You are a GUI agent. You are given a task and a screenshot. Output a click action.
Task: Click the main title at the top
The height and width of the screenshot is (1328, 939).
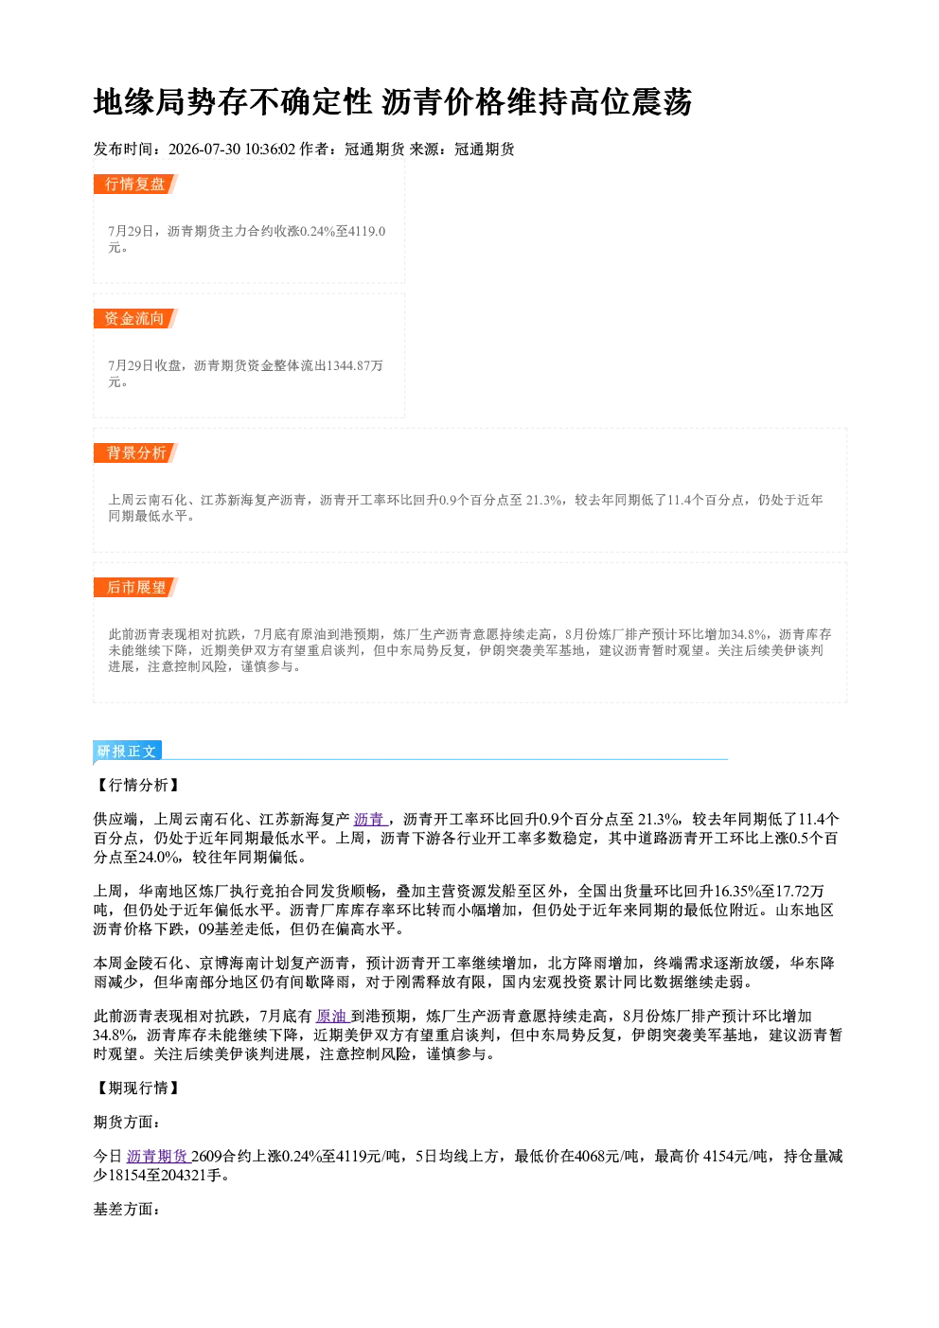(393, 102)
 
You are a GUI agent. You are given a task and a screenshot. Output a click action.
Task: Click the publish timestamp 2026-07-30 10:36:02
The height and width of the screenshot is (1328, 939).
(232, 149)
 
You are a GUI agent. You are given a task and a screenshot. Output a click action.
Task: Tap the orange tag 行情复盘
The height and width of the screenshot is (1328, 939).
(135, 184)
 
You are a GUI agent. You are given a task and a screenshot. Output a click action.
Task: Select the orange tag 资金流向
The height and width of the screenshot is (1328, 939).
(135, 318)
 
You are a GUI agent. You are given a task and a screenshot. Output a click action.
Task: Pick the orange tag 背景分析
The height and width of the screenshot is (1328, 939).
(135, 453)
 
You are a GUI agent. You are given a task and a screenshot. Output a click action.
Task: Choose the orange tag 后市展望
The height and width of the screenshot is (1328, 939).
(135, 588)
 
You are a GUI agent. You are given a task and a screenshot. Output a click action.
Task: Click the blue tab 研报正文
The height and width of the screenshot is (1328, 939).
(127, 752)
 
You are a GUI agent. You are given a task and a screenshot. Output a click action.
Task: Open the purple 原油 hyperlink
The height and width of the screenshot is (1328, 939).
(332, 1017)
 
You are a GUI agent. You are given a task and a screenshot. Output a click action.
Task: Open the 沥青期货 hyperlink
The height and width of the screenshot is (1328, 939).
(158, 1156)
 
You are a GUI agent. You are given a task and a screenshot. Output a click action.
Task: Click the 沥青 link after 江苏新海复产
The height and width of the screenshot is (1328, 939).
(370, 820)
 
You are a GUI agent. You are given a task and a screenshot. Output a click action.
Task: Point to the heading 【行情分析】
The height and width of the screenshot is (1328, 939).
(137, 786)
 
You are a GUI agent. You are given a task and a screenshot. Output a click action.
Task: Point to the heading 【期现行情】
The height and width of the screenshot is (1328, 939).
(137, 1088)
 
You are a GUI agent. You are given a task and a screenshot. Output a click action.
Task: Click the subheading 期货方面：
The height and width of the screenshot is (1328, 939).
(127, 1123)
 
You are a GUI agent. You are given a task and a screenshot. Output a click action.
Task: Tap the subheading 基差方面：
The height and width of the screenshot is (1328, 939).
(127, 1210)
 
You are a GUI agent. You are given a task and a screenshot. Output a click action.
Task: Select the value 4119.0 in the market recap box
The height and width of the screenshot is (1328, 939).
(367, 231)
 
